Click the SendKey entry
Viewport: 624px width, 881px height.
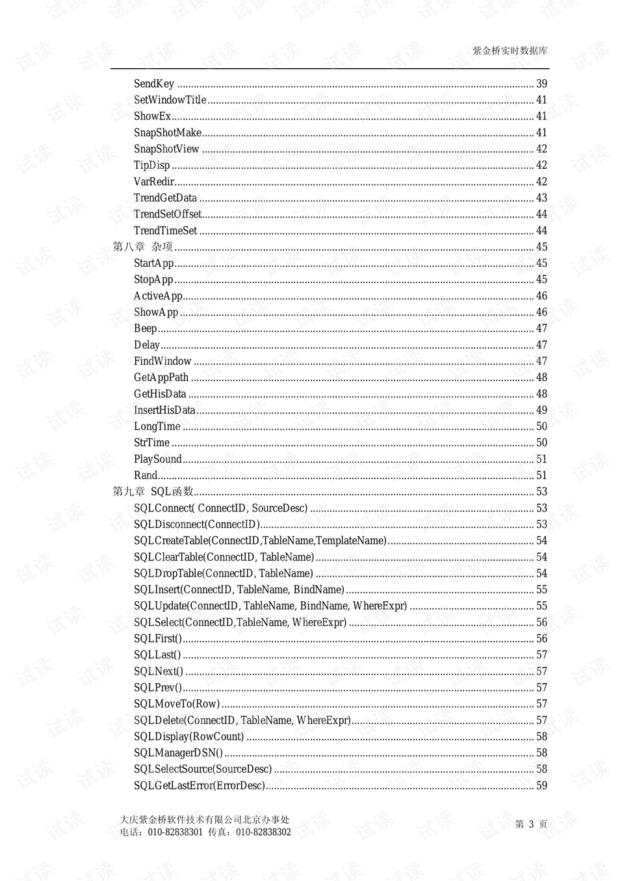tap(154, 84)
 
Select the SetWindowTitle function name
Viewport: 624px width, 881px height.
tap(170, 100)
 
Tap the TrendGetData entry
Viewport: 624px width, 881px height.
tap(165, 198)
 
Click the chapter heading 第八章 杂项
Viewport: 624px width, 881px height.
tap(143, 247)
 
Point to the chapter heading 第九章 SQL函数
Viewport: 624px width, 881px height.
tap(153, 491)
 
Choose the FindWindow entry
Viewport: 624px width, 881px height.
tap(162, 361)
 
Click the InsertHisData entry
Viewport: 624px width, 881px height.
tap(164, 410)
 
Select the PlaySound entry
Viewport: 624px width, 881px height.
tap(157, 459)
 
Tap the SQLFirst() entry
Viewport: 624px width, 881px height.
tap(158, 639)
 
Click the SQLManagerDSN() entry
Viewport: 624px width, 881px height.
tap(178, 753)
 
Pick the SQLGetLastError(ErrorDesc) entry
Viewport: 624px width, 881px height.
tap(200, 786)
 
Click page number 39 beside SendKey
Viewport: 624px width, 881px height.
tap(541, 84)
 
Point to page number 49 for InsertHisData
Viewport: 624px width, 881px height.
tap(541, 410)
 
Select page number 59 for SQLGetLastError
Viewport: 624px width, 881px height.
tap(541, 786)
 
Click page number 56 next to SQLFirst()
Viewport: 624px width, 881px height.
tap(541, 639)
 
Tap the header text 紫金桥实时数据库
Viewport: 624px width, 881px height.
tap(510, 51)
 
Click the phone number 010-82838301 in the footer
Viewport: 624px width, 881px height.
tap(175, 832)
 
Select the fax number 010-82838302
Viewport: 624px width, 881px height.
tap(263, 832)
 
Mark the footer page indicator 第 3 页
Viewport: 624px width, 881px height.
tap(531, 824)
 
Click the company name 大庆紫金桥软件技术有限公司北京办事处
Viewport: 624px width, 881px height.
tap(205, 820)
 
